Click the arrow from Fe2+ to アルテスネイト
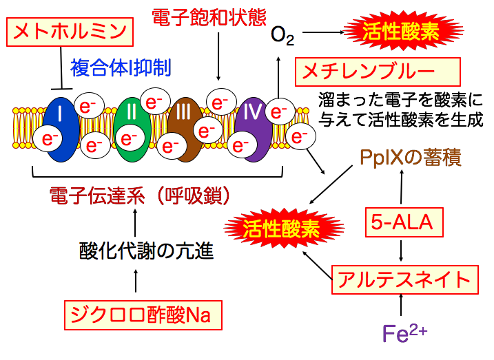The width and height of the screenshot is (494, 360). (x=402, y=305)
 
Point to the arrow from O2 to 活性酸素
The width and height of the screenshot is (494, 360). (x=322, y=32)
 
